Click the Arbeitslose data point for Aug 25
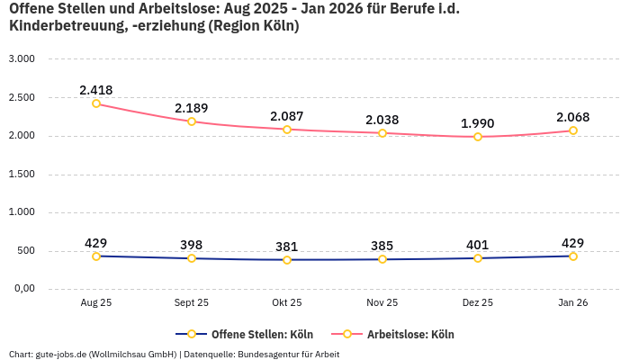click(96, 103)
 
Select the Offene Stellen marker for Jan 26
click(572, 256)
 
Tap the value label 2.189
click(192, 108)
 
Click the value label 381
click(287, 247)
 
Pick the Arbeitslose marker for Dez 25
click(478, 137)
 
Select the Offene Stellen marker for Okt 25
click(287, 260)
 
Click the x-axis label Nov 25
click(382, 303)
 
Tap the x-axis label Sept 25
click(192, 303)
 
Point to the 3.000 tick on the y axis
click(21, 58)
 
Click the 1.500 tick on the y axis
click(21, 174)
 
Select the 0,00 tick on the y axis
click(22, 289)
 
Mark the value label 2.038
click(382, 120)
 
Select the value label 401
click(478, 245)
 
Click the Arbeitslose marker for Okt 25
click(287, 130)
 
